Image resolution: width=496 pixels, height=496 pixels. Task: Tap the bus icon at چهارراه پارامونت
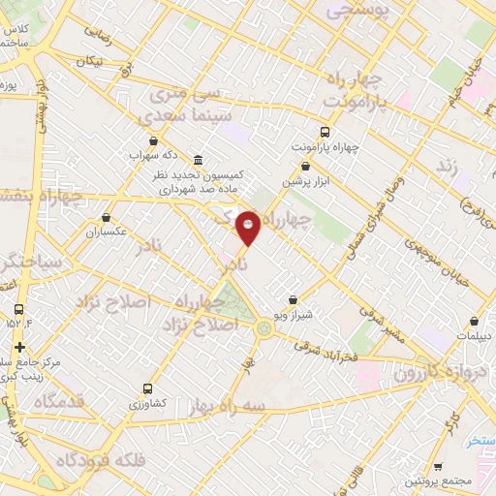pyautogui.click(x=325, y=133)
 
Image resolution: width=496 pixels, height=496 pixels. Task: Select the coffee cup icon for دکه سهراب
pyautogui.click(x=138, y=153)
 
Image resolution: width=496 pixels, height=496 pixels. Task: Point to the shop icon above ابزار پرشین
pyautogui.click(x=305, y=166)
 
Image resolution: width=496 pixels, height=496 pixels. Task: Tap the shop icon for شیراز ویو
pyautogui.click(x=293, y=301)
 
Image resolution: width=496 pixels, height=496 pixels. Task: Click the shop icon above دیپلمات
pyautogui.click(x=474, y=321)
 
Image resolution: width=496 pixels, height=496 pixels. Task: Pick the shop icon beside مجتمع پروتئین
pyautogui.click(x=438, y=466)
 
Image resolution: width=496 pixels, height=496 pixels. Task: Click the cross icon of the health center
pyautogui.click(x=19, y=347)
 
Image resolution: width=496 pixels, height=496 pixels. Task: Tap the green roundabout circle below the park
pyautogui.click(x=263, y=329)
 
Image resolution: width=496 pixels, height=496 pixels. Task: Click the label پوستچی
pyautogui.click(x=356, y=12)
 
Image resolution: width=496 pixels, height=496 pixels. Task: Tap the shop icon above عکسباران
pyautogui.click(x=105, y=218)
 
